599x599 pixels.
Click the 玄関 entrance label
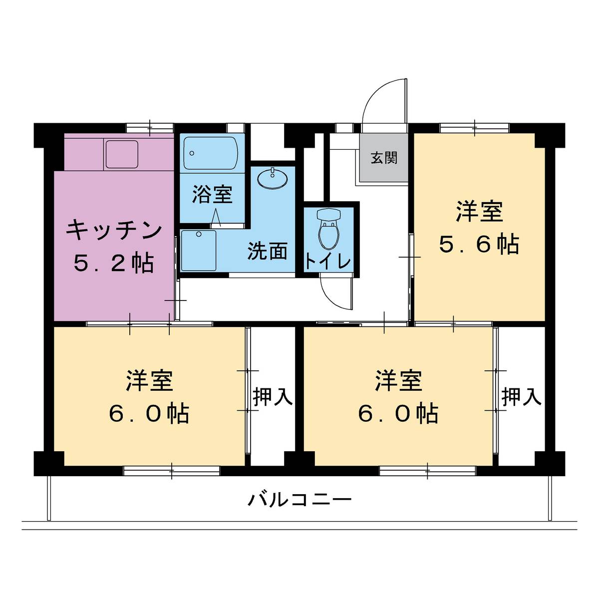pyautogui.click(x=384, y=158)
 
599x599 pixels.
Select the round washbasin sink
pyautogui.click(x=273, y=179)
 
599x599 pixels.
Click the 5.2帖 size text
pyautogui.click(x=114, y=263)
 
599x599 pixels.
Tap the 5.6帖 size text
pyautogui.click(x=479, y=245)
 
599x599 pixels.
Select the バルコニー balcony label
pyautogui.click(x=299, y=499)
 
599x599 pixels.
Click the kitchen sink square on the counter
pyautogui.click(x=121, y=154)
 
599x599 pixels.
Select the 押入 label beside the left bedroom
pyautogui.click(x=272, y=397)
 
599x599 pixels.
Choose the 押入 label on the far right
pyautogui.click(x=521, y=397)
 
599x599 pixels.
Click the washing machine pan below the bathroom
pyautogui.click(x=199, y=250)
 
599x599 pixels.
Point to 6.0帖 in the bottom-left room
pyautogui.click(x=149, y=414)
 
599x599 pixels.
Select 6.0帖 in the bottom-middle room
pyautogui.click(x=398, y=414)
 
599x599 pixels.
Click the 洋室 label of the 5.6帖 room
pyautogui.click(x=479, y=211)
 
